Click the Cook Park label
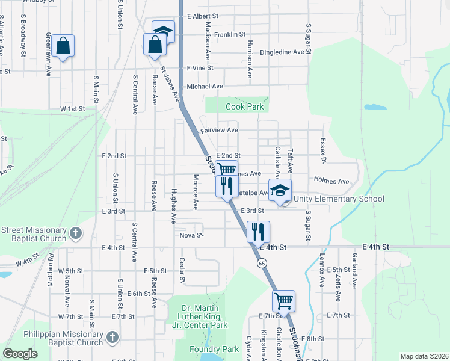pos(245,107)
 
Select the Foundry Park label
pos(214,348)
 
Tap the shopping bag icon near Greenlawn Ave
pos(63,46)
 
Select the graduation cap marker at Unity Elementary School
pos(279,191)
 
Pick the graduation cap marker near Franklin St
pos(163,31)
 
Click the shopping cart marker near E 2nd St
pos(227,170)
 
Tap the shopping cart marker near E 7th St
pos(284,300)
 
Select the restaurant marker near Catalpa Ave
pos(227,185)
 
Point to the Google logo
pos(20,354)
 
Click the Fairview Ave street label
pos(220,129)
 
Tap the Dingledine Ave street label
pos(282,52)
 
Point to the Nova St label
pos(190,235)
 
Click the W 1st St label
pos(72,109)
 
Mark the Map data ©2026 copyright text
pos(424,356)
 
